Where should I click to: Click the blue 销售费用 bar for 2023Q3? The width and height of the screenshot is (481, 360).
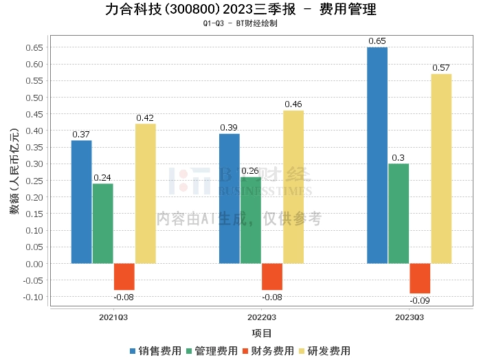pos(377,155)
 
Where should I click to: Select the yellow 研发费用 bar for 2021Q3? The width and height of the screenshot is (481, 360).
pos(146,194)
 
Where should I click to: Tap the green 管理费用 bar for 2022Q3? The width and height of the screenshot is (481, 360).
pos(251,220)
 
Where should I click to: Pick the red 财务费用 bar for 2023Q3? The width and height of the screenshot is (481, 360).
pos(420,278)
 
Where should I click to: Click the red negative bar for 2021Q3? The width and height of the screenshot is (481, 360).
pos(124,277)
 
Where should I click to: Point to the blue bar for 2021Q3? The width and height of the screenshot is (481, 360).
pos(81,202)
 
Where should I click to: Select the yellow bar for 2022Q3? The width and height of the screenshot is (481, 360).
pos(293,187)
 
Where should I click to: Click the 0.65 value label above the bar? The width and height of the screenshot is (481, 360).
pos(377,41)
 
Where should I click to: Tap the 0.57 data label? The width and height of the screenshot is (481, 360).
pos(441,68)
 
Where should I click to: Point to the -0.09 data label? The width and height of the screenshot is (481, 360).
pos(420,301)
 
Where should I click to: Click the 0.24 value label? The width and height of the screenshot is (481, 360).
pos(102,177)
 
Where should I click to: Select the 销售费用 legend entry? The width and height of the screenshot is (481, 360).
pos(155,351)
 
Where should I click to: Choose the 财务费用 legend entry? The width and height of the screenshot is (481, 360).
pos(268,351)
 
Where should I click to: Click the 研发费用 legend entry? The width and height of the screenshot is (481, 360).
pos(324,351)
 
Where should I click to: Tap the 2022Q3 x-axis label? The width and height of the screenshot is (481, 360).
pos(262,317)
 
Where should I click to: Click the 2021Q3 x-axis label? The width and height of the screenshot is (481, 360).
pos(113,317)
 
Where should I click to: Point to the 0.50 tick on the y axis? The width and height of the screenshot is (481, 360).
pos(34,98)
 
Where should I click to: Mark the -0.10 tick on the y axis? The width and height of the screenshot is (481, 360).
pos(33,297)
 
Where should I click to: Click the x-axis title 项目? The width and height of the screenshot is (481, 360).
pos(261,333)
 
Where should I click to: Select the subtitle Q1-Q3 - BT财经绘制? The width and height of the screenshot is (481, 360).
pos(240,23)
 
